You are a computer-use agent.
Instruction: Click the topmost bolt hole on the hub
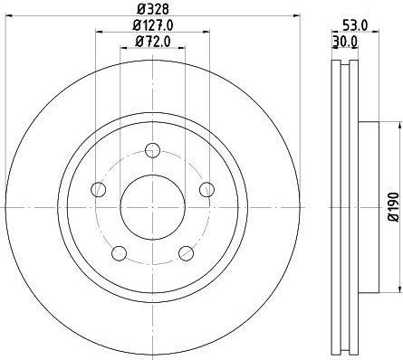click(x=152, y=149)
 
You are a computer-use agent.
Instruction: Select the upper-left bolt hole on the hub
click(x=98, y=189)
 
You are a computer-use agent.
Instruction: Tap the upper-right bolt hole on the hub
click(x=206, y=189)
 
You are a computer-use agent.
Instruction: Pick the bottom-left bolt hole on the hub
click(x=119, y=252)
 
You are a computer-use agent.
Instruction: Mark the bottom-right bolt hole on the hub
click(x=186, y=252)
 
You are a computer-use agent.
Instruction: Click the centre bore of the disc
click(x=152, y=207)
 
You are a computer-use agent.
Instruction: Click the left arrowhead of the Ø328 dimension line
click(x=10, y=24)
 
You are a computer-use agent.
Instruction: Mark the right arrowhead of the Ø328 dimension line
click(x=295, y=24)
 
